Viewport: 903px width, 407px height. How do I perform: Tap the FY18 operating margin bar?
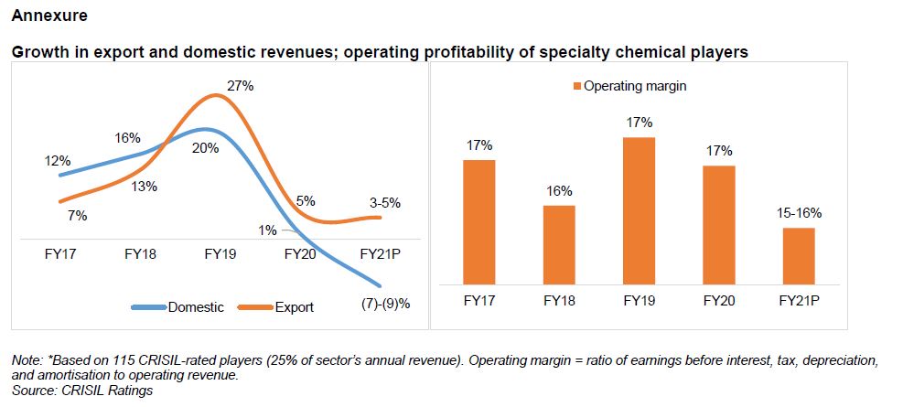coord(559,244)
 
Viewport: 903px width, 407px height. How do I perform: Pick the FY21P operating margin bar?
coord(799,255)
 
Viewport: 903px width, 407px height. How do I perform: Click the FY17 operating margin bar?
coord(479,221)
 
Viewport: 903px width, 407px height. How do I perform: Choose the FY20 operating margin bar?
coord(719,224)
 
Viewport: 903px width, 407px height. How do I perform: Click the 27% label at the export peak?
coord(241,85)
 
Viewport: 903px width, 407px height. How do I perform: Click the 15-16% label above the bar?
coord(799,213)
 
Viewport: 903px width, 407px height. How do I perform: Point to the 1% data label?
coord(267,230)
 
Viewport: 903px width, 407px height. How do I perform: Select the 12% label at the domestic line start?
coord(58,160)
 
